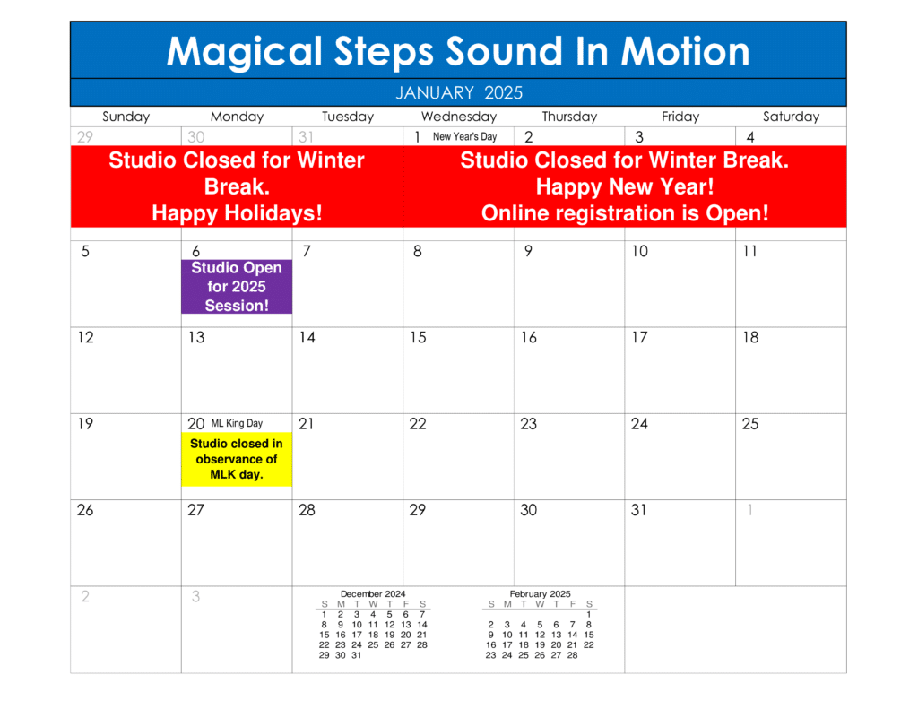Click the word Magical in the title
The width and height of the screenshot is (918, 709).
click(x=244, y=52)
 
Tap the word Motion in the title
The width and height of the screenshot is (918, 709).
click(x=685, y=51)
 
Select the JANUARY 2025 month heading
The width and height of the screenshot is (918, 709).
click(x=459, y=92)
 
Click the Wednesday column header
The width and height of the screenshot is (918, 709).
click(x=459, y=117)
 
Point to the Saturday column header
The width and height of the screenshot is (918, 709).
click(x=791, y=117)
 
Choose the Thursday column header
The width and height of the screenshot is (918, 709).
click(x=569, y=117)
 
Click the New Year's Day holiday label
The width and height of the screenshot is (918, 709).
click(x=465, y=137)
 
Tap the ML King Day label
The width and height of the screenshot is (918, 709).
click(x=237, y=423)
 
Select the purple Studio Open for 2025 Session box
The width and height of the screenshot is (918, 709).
click(x=237, y=287)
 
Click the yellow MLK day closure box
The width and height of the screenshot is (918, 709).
click(x=237, y=459)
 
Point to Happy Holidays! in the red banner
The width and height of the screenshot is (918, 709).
click(x=237, y=213)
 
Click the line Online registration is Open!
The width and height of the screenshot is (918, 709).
click(x=625, y=213)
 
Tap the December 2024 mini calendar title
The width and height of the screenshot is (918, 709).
click(x=373, y=593)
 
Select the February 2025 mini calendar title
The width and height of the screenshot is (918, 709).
click(x=540, y=593)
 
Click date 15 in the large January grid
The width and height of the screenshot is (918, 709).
click(x=418, y=338)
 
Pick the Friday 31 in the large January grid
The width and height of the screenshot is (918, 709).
click(x=638, y=511)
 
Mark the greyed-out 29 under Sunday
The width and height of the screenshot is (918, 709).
click(x=85, y=137)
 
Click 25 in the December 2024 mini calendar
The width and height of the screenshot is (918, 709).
click(x=373, y=645)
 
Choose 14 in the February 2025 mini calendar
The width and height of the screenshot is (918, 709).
click(x=573, y=635)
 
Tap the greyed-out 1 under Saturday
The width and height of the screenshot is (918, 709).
click(x=750, y=511)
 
